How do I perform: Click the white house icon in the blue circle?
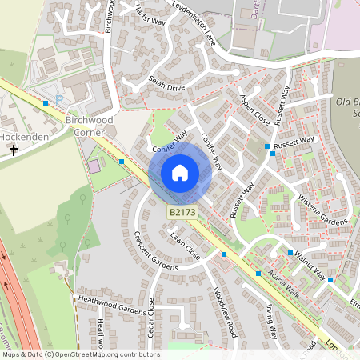180,173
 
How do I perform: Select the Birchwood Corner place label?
86,126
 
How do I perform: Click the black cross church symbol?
14,150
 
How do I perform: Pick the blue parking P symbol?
60,100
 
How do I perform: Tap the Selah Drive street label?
166,83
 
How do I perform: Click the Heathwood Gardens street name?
113,305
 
